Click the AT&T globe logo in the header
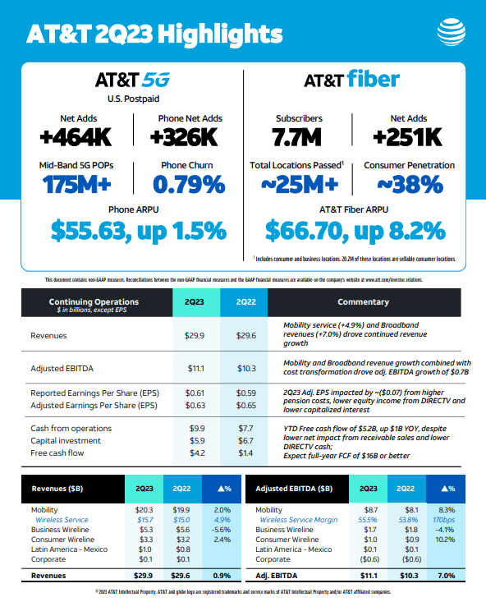[452, 34]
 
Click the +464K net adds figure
[79, 136]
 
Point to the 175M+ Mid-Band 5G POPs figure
[79, 183]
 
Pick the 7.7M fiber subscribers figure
[299, 136]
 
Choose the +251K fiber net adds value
[407, 136]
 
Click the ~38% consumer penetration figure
[407, 183]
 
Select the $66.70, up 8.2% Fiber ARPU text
[353, 231]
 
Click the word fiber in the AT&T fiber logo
[373, 80]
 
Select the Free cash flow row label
[57, 452]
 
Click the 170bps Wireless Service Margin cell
[447, 520]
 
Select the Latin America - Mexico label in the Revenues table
[68, 549]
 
